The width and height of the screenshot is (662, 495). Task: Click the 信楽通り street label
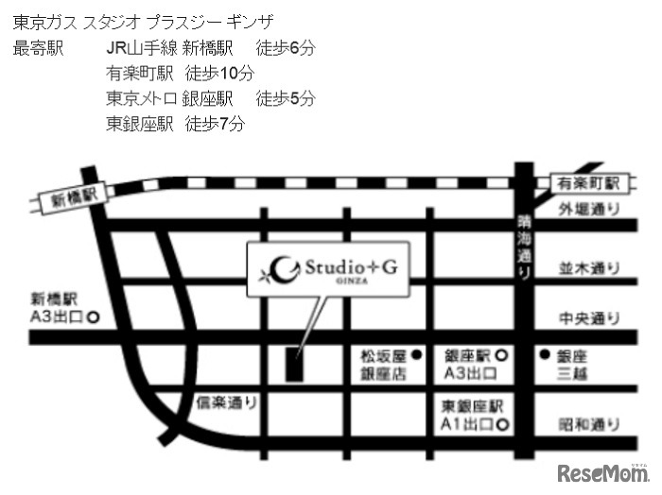(x=226, y=402)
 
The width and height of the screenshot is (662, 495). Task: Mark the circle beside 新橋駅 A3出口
(x=94, y=317)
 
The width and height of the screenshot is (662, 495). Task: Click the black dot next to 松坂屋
(x=417, y=355)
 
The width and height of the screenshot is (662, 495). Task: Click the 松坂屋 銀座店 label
(x=383, y=365)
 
